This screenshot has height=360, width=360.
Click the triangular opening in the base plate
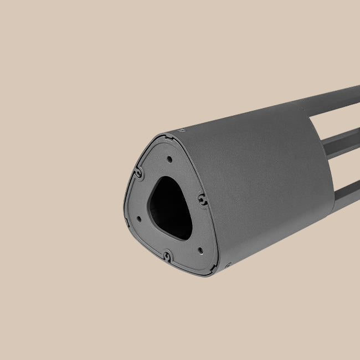(169, 205)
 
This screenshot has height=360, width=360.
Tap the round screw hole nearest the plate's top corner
(169, 159)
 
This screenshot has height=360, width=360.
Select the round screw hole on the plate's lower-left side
(138, 218)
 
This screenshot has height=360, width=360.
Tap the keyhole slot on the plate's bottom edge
(166, 256)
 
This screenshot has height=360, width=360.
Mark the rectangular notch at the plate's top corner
(164, 134)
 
